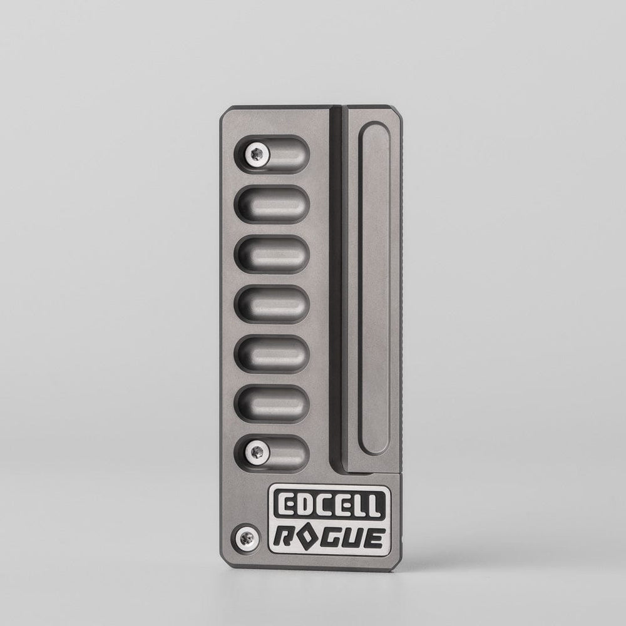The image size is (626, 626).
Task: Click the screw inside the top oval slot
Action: [x=256, y=151]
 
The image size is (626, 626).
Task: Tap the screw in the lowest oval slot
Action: [x=256, y=449]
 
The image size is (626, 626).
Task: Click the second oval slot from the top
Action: [x=272, y=203]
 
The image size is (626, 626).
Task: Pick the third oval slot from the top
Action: [x=272, y=254]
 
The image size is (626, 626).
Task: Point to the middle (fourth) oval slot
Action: [x=272, y=303]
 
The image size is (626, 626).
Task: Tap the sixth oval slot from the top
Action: [x=272, y=402]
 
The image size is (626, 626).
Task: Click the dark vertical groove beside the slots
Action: [x=337, y=288]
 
